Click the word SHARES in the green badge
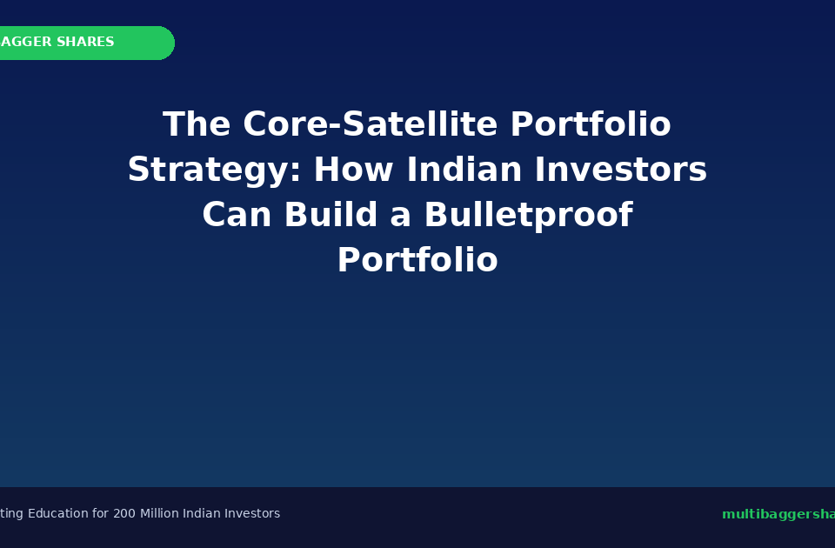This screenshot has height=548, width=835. pyautogui.click(x=85, y=43)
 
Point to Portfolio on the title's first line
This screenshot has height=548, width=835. pyautogui.click(x=591, y=125)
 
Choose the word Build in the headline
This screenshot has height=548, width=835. pyautogui.click(x=331, y=216)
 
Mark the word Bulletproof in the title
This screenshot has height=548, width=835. pyautogui.click(x=528, y=216)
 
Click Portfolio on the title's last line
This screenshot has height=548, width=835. pyautogui.click(x=417, y=261)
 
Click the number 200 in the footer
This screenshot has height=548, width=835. pyautogui.click(x=124, y=514)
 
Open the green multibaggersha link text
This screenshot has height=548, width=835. pyautogui.click(x=778, y=515)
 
